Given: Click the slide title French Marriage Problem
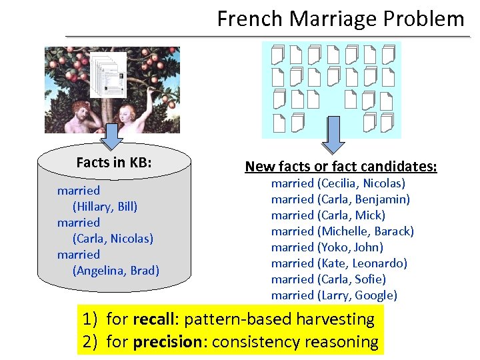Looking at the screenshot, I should [340, 19].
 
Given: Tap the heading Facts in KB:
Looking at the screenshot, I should [114, 162].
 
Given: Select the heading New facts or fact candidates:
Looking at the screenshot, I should [341, 166].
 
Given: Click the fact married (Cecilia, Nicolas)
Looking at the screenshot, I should [338, 183].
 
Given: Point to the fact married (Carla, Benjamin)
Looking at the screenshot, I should [340, 199].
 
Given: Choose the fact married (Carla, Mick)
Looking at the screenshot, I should [328, 215].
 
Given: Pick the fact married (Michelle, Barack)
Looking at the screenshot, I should [342, 231].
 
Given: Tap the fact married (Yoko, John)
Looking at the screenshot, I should [327, 247].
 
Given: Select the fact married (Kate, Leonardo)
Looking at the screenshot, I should [339, 263].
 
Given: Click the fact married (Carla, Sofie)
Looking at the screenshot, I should [328, 279].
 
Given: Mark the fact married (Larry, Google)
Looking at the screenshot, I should [333, 295].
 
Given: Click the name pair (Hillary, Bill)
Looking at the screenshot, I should [105, 206].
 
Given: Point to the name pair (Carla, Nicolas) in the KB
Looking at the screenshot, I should [113, 238].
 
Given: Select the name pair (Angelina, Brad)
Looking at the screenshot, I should [115, 270].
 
